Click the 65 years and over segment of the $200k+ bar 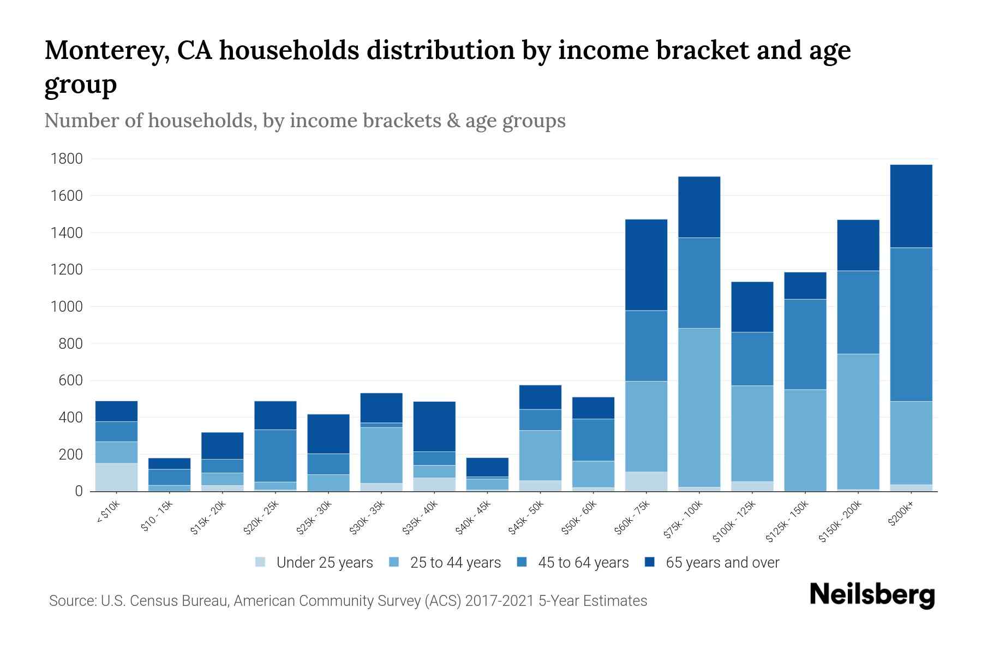(x=911, y=206)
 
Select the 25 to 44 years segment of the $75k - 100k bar (x=699, y=407)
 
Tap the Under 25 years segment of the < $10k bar (x=116, y=477)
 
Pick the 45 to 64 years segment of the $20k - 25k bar (x=276, y=456)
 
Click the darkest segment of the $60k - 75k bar (x=646, y=265)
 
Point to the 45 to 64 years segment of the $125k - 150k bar (x=805, y=344)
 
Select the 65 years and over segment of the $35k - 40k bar (x=434, y=426)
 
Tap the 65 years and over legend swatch (x=650, y=562)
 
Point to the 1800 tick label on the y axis (x=67, y=159)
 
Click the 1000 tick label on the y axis (x=67, y=307)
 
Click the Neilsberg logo (x=872, y=595)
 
